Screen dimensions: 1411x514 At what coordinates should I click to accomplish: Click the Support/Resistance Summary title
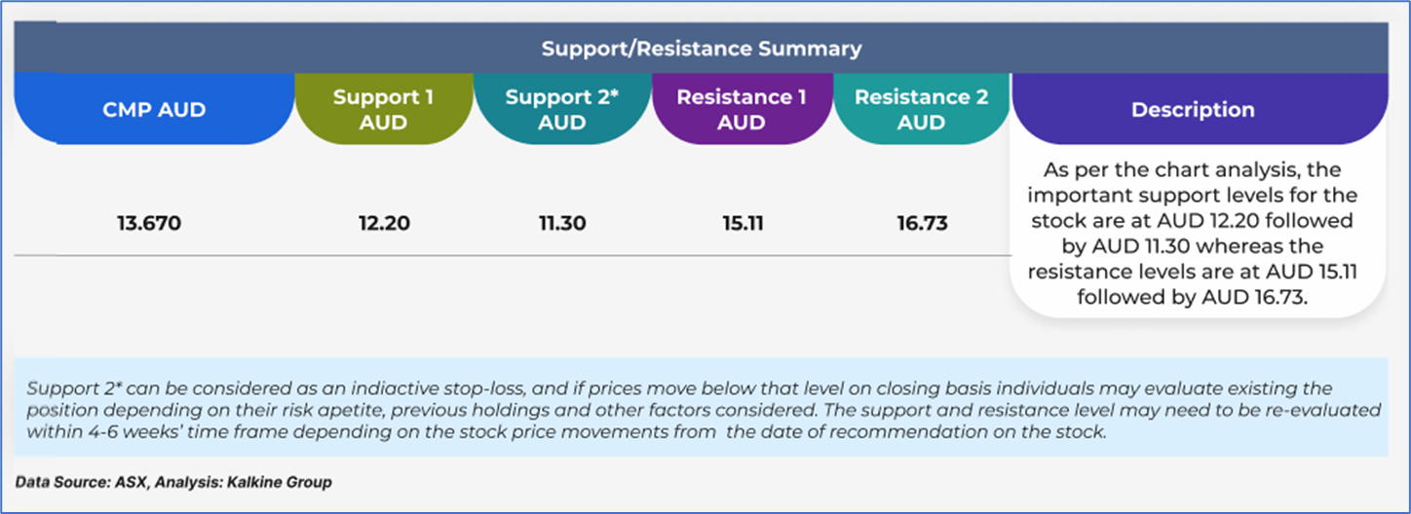pos(701,49)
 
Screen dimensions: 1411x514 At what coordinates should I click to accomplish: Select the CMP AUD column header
pos(154,109)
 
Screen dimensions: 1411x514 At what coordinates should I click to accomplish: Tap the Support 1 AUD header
pos(384,109)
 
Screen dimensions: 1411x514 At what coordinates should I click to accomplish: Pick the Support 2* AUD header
pos(562,109)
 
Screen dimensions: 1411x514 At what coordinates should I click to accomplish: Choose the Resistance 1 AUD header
pos(742,109)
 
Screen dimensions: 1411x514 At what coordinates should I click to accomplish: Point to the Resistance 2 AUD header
pos(922,109)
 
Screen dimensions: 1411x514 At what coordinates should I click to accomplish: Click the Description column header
pos(1193,109)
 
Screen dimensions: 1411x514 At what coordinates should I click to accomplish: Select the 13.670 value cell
pos(149,223)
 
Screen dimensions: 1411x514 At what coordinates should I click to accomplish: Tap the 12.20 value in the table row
pos(384,223)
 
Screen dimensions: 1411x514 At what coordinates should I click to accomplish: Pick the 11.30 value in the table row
pos(562,223)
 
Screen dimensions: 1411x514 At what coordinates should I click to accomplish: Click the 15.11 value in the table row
pos(743,223)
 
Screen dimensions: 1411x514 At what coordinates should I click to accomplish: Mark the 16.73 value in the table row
pos(922,223)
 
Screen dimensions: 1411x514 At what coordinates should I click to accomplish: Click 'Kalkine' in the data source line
pos(254,483)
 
